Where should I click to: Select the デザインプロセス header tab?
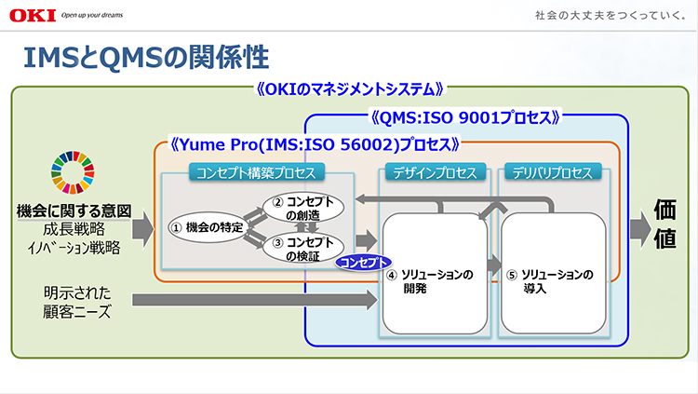point(436,172)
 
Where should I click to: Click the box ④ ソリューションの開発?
point(435,279)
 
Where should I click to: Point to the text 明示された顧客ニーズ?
point(77,300)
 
